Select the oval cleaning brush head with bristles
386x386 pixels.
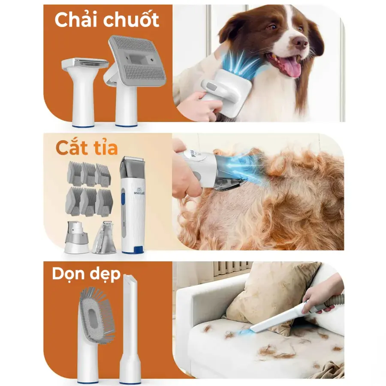tap(97, 315)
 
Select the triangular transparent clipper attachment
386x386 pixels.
tap(104, 238)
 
